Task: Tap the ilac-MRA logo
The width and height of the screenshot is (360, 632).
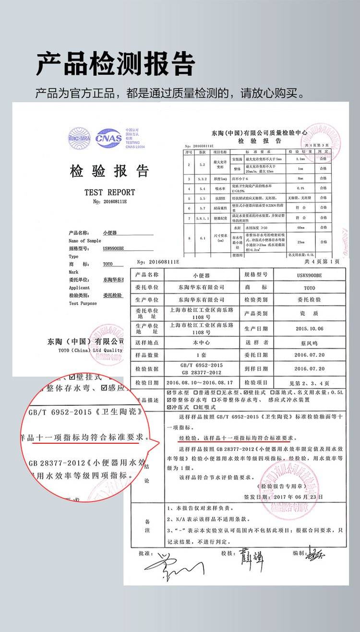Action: [x=79, y=137]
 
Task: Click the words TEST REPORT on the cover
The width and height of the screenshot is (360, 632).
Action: [x=109, y=192]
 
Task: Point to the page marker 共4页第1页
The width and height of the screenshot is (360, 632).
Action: [x=322, y=262]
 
